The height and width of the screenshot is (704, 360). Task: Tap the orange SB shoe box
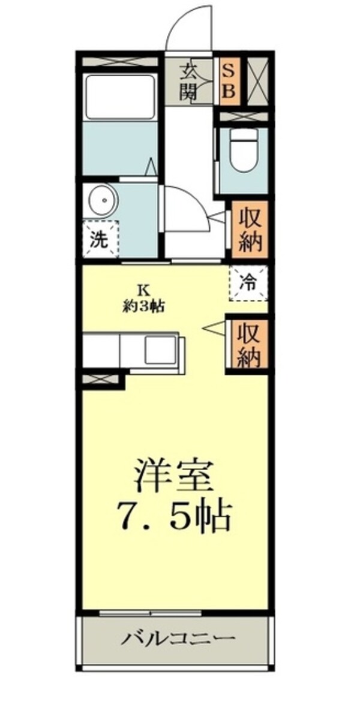click(229, 82)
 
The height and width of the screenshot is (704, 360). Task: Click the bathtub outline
click(120, 97)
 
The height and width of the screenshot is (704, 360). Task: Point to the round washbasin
click(103, 201)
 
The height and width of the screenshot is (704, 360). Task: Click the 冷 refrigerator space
click(248, 283)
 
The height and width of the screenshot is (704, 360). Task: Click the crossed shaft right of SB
click(258, 82)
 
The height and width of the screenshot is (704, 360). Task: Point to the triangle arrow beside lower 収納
click(214, 328)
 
